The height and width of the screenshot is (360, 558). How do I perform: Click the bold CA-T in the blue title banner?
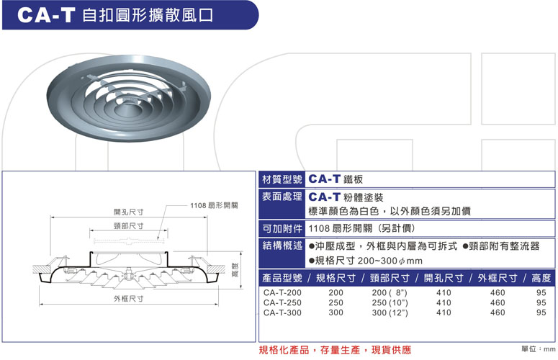click(46, 15)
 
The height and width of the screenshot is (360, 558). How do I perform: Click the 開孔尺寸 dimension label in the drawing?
click(128, 212)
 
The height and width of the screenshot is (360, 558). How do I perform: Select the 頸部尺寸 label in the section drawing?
click(128, 226)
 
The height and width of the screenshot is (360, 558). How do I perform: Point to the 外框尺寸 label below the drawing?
click(128, 299)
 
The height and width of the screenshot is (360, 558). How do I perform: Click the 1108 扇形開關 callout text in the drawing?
click(214, 205)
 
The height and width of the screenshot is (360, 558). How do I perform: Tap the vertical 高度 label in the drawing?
click(235, 270)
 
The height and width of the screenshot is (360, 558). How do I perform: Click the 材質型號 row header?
click(282, 179)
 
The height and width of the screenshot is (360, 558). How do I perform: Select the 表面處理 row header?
click(282, 197)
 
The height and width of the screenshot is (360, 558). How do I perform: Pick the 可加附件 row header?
click(282, 229)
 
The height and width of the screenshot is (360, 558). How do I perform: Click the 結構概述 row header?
click(282, 246)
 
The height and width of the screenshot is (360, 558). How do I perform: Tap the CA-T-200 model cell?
click(282, 293)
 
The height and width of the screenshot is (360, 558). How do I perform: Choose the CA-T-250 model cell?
click(282, 302)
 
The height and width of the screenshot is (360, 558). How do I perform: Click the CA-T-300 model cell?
click(282, 312)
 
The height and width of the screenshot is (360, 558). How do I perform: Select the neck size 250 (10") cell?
click(390, 302)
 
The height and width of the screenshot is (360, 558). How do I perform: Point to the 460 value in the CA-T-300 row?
click(497, 312)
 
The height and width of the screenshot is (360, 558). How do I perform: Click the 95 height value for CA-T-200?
click(541, 293)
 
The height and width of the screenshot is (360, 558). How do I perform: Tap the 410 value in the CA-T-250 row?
click(444, 302)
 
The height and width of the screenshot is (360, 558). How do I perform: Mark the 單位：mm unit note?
click(538, 349)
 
